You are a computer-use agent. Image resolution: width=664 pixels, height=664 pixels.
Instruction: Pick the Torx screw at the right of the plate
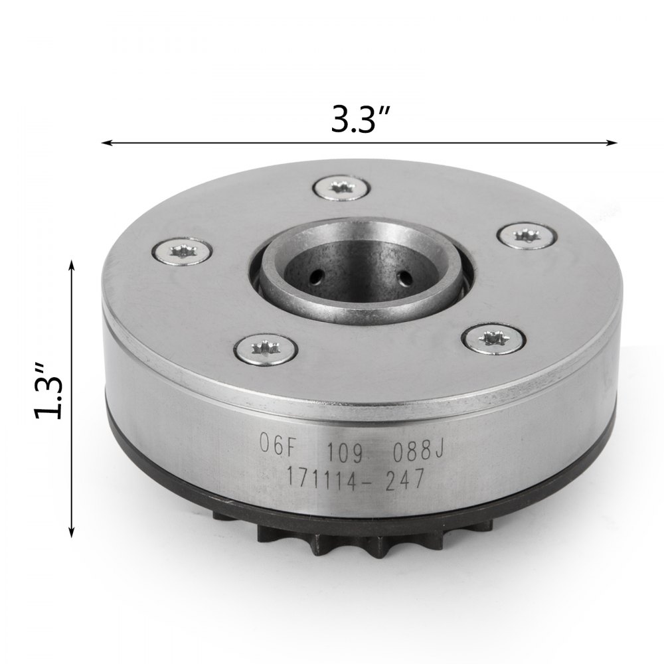(x=525, y=236)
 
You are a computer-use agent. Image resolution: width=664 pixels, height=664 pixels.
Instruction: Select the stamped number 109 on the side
(x=343, y=453)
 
